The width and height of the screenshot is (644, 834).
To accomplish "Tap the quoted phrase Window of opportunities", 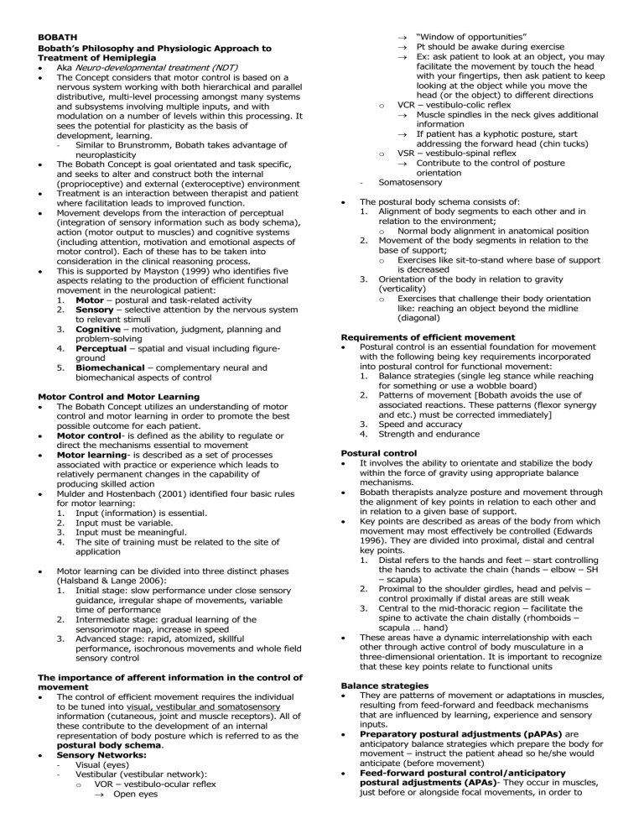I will pos(458,38).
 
